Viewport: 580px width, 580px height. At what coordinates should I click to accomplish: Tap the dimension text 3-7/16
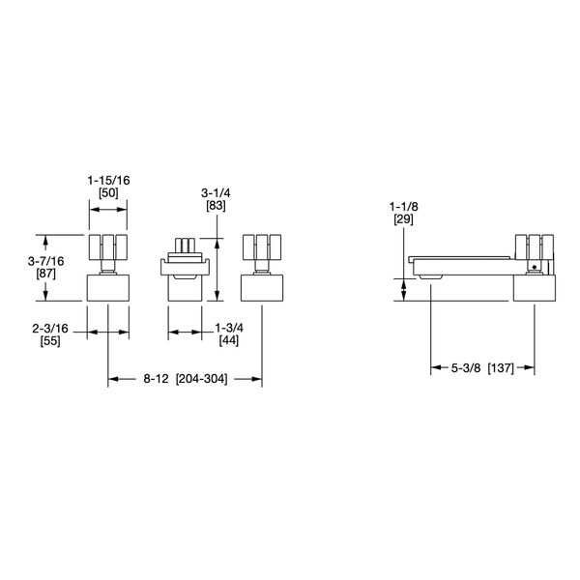[x=45, y=261]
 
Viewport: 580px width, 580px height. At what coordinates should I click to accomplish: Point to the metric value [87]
[x=45, y=275]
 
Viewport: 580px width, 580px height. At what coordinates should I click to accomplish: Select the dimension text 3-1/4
[x=216, y=191]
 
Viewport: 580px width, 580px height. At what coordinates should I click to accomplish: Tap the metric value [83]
[x=216, y=206]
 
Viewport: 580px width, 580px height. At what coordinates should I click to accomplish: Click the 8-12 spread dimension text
[x=156, y=379]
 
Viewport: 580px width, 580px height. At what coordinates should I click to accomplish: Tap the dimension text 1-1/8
[x=402, y=208]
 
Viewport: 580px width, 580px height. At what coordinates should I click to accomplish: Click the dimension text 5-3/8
[x=466, y=367]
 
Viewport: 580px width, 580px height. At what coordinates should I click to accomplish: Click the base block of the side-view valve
[x=536, y=288]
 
